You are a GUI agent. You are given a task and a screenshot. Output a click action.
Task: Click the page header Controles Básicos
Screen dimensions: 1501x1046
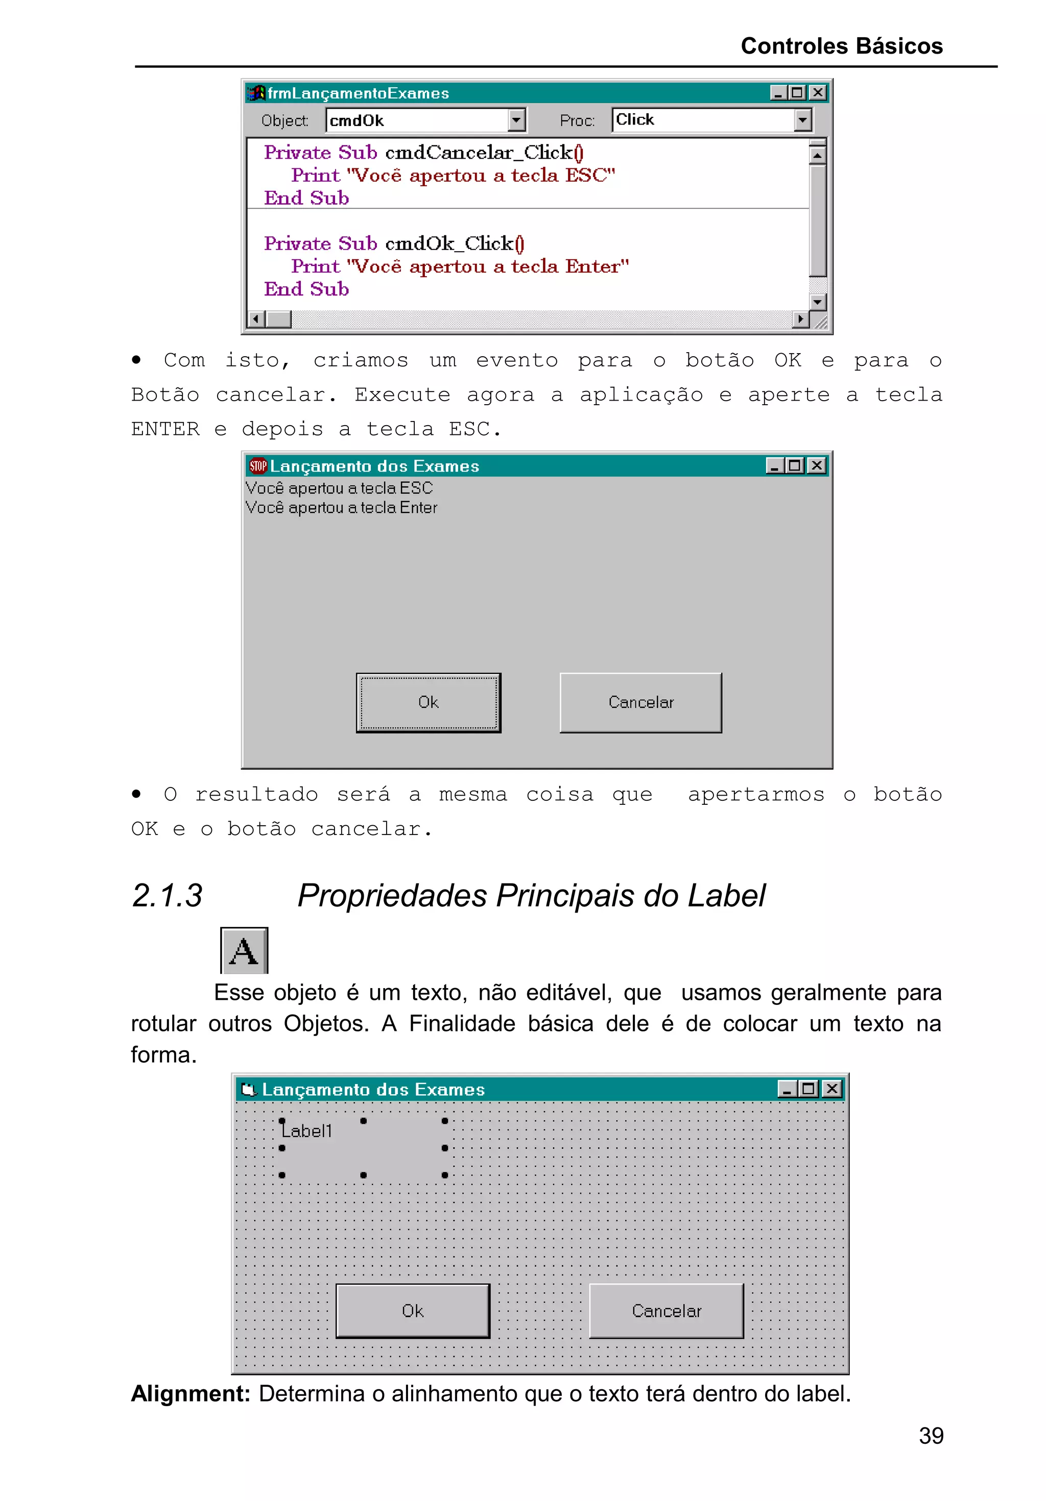click(841, 46)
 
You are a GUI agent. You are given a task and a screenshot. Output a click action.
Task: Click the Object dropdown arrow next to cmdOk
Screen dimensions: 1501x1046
click(516, 120)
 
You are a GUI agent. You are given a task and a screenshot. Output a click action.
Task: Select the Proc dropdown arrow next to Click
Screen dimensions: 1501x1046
click(802, 120)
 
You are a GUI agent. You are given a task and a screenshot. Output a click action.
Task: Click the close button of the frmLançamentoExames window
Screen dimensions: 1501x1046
click(817, 93)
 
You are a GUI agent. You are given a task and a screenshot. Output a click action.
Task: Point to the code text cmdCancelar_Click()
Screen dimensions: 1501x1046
click(484, 152)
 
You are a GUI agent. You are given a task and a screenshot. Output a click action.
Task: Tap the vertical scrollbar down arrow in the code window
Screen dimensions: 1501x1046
click(817, 302)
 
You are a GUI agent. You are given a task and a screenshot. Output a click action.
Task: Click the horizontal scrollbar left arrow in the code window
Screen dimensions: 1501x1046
click(256, 319)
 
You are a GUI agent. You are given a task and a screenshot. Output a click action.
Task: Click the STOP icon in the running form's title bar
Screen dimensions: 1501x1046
click(258, 466)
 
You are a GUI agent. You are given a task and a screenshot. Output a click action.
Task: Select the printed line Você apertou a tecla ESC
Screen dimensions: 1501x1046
click(339, 488)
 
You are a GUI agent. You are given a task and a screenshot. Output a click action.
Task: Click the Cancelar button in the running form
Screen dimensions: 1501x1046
click(640, 702)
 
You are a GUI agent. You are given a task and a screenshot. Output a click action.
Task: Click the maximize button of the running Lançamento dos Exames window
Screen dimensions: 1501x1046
click(795, 465)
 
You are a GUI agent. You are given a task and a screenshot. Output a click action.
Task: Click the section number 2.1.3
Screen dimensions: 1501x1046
click(167, 896)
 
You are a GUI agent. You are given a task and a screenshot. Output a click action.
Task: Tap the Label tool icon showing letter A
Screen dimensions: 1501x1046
click(244, 950)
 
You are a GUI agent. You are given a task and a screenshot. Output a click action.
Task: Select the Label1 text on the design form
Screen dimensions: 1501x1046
click(307, 1131)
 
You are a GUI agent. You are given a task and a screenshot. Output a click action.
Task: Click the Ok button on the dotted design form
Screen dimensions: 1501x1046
click(412, 1311)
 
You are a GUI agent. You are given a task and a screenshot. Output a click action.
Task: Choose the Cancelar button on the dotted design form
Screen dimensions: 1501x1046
click(665, 1311)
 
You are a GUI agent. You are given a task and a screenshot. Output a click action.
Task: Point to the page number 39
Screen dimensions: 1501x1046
click(930, 1436)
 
